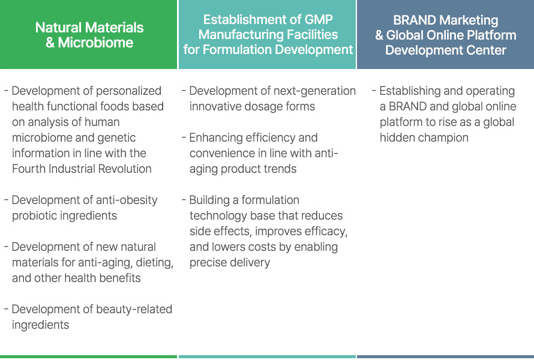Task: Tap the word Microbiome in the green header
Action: coord(95,43)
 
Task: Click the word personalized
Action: coord(129,91)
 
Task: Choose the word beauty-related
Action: coord(134,309)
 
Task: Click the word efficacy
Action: coord(326,232)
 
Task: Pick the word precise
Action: coord(209,263)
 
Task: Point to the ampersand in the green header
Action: coord(50,43)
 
